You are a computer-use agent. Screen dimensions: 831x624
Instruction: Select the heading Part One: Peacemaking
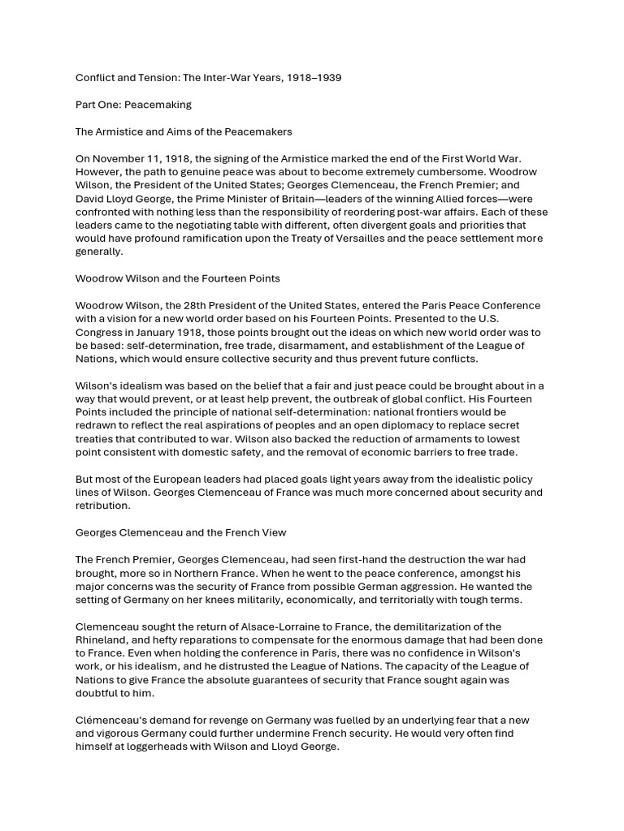pyautogui.click(x=133, y=105)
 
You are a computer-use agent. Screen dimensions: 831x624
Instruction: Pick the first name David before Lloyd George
pyautogui.click(x=91, y=199)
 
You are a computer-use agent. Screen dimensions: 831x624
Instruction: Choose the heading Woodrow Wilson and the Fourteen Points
pyautogui.click(x=177, y=278)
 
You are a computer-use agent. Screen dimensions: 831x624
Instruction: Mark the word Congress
pyautogui.click(x=100, y=332)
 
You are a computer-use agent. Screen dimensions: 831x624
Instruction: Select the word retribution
pyautogui.click(x=102, y=506)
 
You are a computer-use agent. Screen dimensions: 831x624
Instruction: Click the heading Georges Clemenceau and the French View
pyautogui.click(x=180, y=532)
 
